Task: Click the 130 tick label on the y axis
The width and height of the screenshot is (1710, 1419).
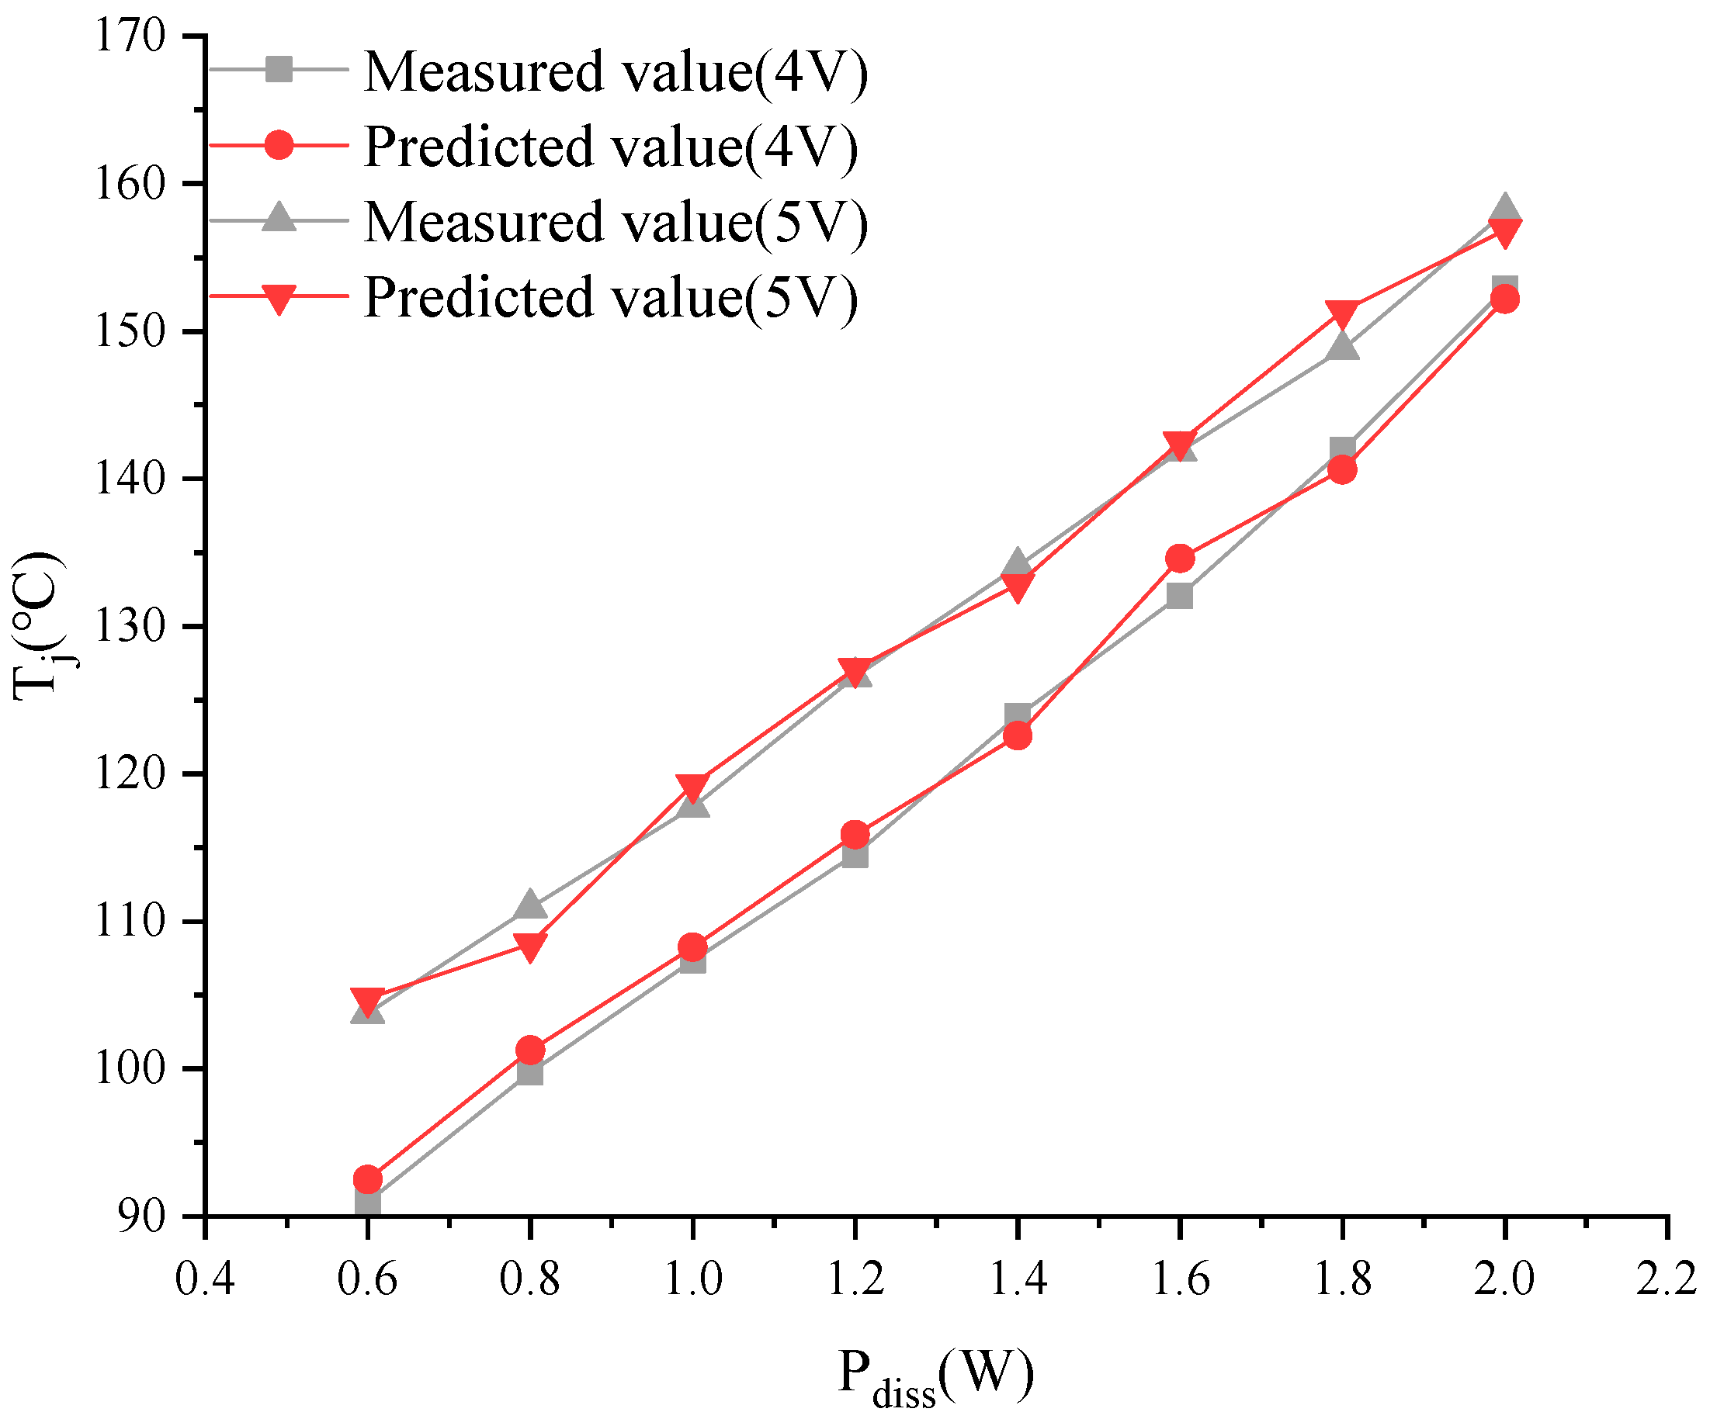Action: point(130,626)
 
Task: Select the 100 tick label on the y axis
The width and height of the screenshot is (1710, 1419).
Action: point(130,1068)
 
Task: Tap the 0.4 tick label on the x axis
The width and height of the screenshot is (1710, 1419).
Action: point(205,1278)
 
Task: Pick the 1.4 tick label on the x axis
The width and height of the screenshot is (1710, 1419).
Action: point(1017,1278)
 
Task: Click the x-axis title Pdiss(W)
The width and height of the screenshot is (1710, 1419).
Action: point(935,1376)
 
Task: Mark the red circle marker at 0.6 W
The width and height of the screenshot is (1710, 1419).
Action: point(368,1178)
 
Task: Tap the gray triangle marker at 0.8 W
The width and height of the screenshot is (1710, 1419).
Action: point(530,905)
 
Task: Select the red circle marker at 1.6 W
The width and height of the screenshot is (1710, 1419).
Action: point(1180,559)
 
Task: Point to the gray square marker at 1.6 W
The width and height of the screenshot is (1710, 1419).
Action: point(1180,596)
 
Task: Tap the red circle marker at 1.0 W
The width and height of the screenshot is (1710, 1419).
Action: point(692,947)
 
